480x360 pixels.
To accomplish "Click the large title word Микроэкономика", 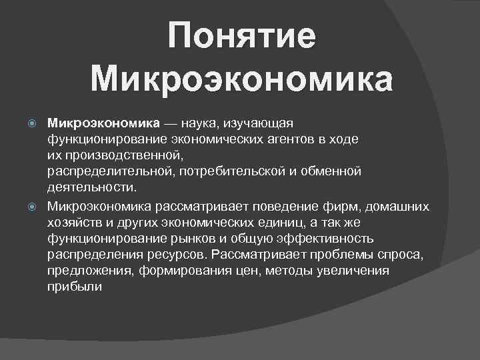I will [x=241, y=79].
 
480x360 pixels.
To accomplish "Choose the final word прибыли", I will [x=74, y=286].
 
